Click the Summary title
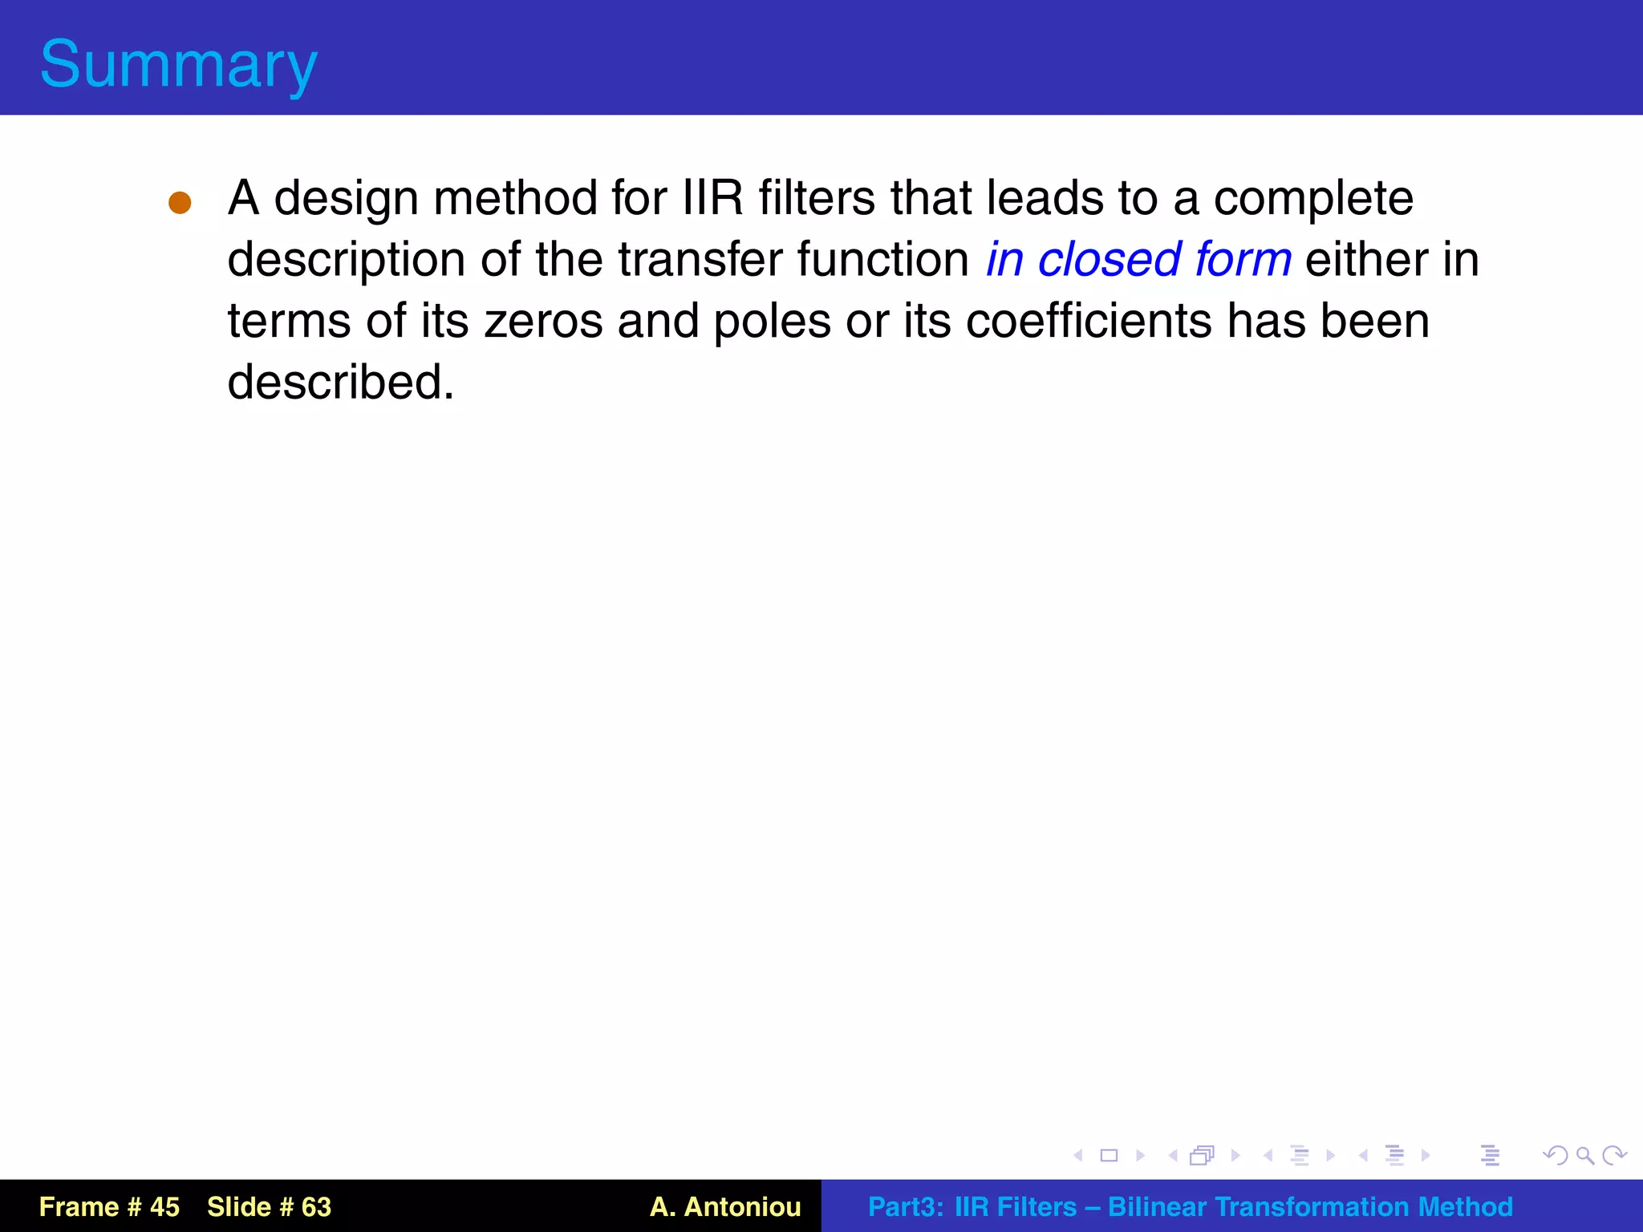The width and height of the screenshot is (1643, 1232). [179, 64]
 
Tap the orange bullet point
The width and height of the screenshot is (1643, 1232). [180, 203]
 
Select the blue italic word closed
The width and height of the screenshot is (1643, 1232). [1109, 260]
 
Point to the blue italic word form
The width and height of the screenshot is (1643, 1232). [1243, 260]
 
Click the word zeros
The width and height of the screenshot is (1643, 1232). [543, 322]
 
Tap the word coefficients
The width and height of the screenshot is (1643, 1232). [1089, 322]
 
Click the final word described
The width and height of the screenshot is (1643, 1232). [341, 383]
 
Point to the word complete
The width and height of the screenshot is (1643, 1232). [1313, 198]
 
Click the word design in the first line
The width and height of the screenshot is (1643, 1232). [347, 198]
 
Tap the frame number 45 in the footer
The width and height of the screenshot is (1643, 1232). [164, 1206]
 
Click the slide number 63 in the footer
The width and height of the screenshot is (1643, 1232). [316, 1206]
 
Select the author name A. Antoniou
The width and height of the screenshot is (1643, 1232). [725, 1206]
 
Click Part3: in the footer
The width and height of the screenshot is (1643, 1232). [905, 1206]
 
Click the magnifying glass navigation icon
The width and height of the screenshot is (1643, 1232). [1584, 1155]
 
